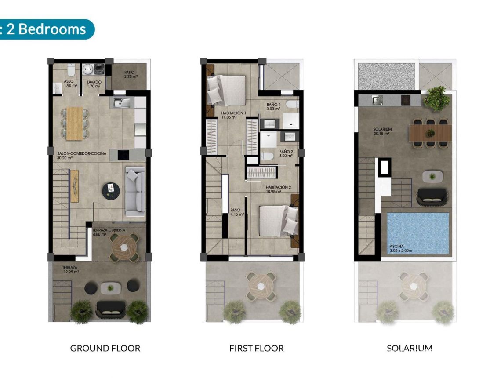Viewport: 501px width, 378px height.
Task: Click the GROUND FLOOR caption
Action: pyautogui.click(x=105, y=349)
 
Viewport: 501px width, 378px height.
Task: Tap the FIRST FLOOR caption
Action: pyautogui.click(x=256, y=349)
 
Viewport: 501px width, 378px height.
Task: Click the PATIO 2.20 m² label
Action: pyautogui.click(x=129, y=74)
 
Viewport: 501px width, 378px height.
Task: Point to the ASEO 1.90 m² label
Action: pyautogui.click(x=68, y=84)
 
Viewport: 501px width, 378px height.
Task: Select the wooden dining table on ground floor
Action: pyautogui.click(x=74, y=123)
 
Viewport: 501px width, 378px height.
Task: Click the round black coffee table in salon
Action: pyautogui.click(x=111, y=190)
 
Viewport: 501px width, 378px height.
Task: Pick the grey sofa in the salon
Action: pyautogui.click(x=135, y=191)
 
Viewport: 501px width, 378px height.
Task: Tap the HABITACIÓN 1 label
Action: pyautogui.click(x=233, y=115)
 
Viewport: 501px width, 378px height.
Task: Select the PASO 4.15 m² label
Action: pyautogui.click(x=237, y=212)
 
